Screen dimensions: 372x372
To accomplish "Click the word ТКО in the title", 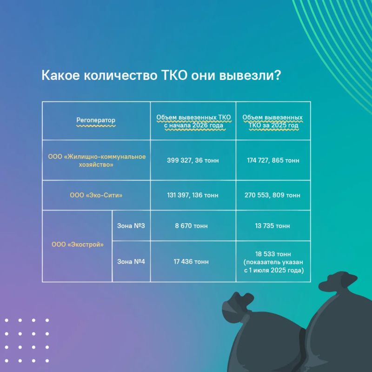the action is [x=175, y=75].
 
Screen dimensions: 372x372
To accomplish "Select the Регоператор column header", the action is [x=96, y=120].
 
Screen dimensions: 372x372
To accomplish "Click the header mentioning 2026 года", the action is [x=193, y=121].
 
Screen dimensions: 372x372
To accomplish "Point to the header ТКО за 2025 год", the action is [x=272, y=121].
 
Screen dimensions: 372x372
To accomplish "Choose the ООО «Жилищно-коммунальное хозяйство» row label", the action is [x=97, y=160].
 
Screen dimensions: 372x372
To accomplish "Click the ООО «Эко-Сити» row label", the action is [x=96, y=195].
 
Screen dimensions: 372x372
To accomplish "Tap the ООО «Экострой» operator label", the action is [x=78, y=245].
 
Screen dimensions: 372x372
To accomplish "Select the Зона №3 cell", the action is [x=131, y=226].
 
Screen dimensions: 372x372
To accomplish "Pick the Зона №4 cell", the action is [x=131, y=261].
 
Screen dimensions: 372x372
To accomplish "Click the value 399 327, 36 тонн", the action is [x=193, y=160].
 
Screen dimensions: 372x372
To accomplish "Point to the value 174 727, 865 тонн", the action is [x=273, y=160].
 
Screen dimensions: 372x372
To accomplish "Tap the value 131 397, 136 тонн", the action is [x=193, y=195].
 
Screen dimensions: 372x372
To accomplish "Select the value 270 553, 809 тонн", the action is [x=272, y=195].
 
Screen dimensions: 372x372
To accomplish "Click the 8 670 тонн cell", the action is [x=191, y=226].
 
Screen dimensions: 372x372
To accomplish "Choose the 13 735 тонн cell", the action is [x=272, y=226].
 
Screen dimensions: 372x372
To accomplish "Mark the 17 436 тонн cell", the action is [x=191, y=261].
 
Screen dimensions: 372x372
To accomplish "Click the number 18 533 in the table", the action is [x=263, y=254].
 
